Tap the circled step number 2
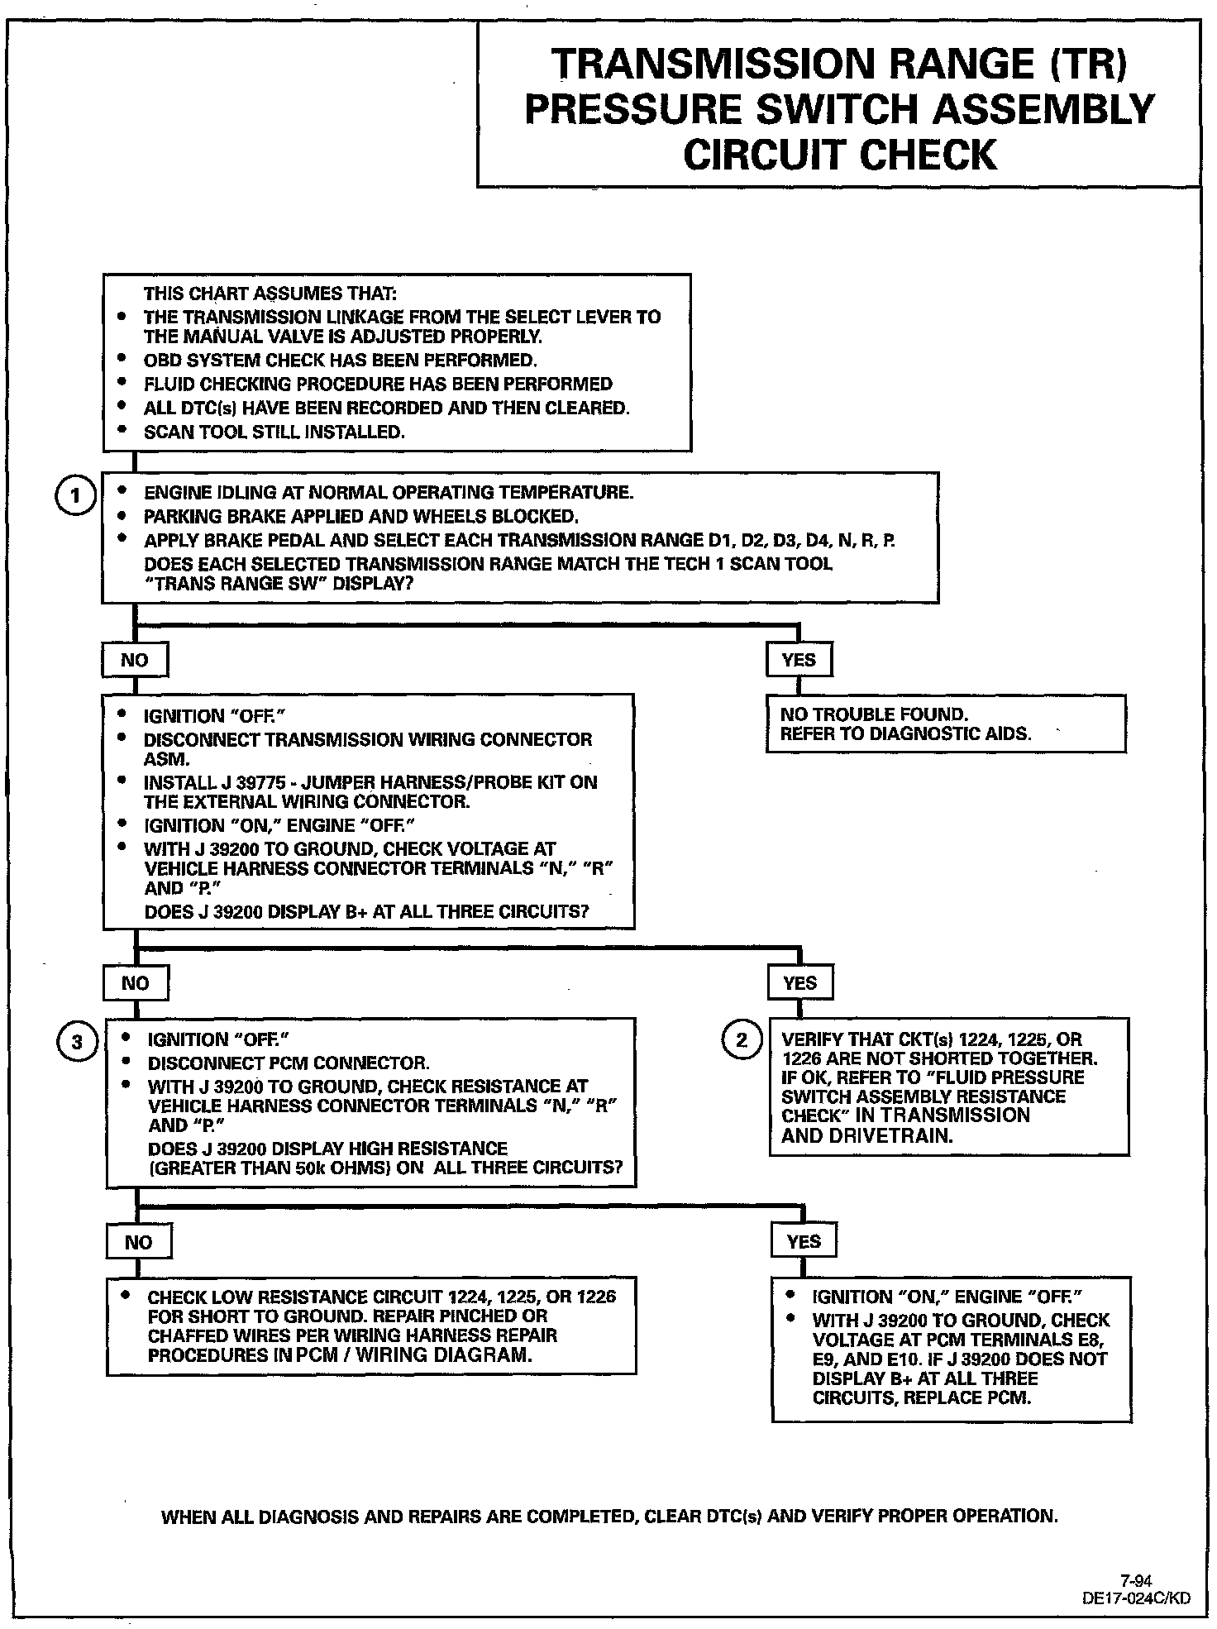pos(741,1039)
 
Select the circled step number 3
pos(77,1042)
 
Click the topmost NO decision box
pos(135,660)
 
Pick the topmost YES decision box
pos(798,660)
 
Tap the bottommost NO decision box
pos(138,1242)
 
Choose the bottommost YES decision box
pos(804,1241)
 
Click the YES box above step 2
pos(799,983)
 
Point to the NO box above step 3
pos(136,983)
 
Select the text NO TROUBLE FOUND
pos(874,714)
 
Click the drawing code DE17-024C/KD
pos(1136,1598)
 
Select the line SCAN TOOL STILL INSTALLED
pos(274,432)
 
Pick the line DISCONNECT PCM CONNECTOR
pos(289,1063)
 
